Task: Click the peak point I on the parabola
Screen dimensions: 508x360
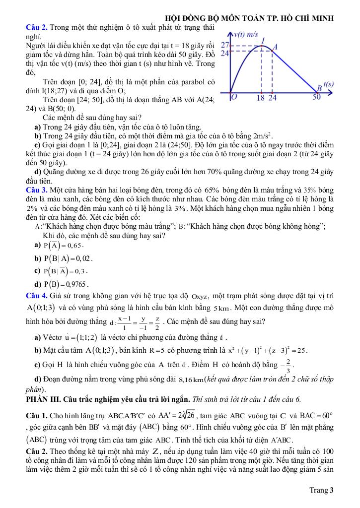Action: (263, 45)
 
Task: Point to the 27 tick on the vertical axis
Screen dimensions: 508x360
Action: (224, 45)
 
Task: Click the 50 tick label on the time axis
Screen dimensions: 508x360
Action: (317, 97)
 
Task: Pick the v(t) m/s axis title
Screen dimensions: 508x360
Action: (246, 34)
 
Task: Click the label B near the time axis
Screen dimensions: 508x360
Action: (320, 88)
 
